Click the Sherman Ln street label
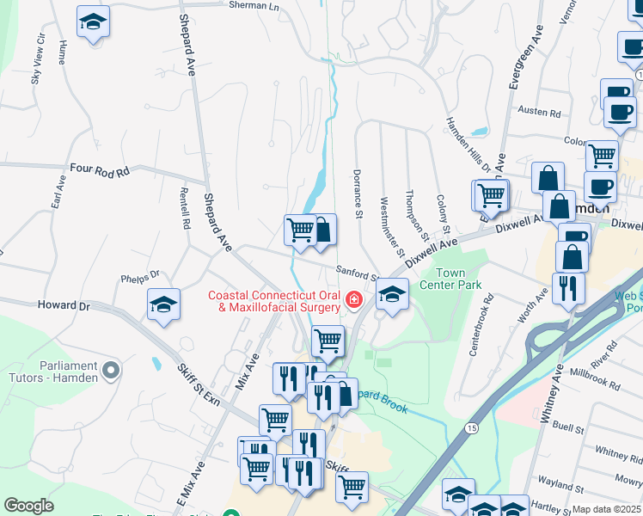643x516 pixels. (x=254, y=5)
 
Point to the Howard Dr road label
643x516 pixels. (x=64, y=305)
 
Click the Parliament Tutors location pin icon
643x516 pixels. (x=110, y=371)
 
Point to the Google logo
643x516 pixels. (x=28, y=506)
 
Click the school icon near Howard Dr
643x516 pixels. (x=163, y=304)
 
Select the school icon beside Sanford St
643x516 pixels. (x=392, y=295)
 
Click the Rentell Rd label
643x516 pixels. (x=185, y=209)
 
